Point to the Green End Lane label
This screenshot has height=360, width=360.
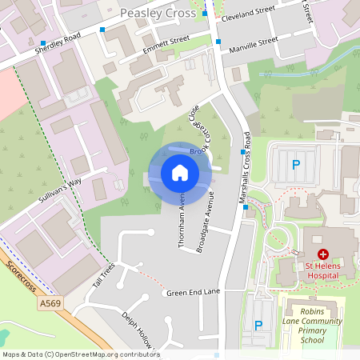[193, 293]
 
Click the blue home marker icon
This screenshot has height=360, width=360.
[180, 173]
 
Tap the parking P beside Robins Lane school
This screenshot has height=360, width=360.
[258, 325]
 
